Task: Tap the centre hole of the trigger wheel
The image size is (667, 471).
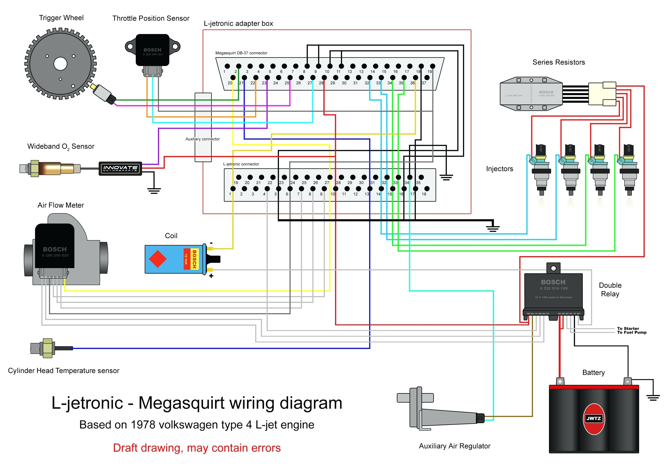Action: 60,64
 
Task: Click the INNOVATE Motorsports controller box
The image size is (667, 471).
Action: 120,168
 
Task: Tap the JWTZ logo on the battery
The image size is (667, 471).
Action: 593,418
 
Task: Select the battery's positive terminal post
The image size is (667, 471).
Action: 560,381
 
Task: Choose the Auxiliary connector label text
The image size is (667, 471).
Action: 202,139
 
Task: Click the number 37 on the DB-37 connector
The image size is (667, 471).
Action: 424,83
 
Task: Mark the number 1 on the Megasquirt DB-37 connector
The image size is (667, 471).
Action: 224,72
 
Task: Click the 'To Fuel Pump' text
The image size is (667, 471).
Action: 632,333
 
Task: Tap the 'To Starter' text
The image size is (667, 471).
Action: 628,329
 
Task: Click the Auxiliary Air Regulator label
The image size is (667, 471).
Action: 454,446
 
